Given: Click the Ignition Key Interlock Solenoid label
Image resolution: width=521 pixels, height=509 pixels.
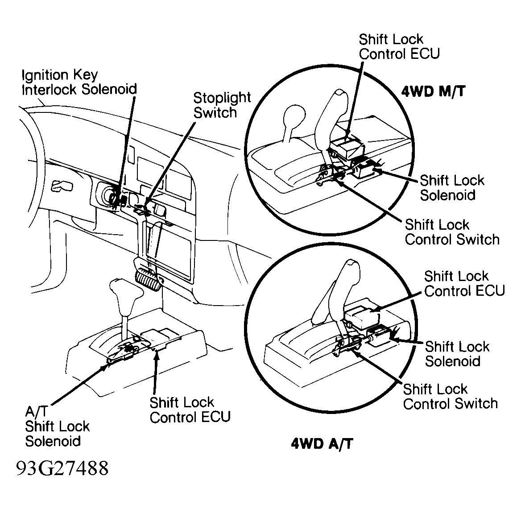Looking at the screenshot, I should coord(79,82).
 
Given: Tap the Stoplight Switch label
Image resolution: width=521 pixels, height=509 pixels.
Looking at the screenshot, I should coord(222,105).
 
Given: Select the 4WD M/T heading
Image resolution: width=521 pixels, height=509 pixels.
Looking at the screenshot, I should coord(433,91).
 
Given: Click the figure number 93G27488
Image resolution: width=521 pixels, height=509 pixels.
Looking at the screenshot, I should coord(62,469).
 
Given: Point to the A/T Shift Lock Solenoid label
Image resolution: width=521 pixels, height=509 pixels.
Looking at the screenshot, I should coord(57,426).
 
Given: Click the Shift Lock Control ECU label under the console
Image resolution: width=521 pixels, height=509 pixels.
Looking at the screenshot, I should coord(190,410).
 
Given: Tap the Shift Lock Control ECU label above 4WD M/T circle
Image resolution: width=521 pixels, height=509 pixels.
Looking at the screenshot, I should coord(399,46).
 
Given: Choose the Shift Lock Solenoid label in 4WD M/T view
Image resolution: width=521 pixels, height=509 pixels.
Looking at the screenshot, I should coord(452,188).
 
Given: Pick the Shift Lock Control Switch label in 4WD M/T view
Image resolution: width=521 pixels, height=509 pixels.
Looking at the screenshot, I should coord(451,232).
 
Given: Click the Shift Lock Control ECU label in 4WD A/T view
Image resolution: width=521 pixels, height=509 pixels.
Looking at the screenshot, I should coord(464,284).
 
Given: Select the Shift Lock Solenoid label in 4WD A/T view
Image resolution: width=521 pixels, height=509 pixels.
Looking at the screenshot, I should coord(457,353).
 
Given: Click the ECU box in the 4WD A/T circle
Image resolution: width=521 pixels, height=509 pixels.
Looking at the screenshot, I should coord(362,317).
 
